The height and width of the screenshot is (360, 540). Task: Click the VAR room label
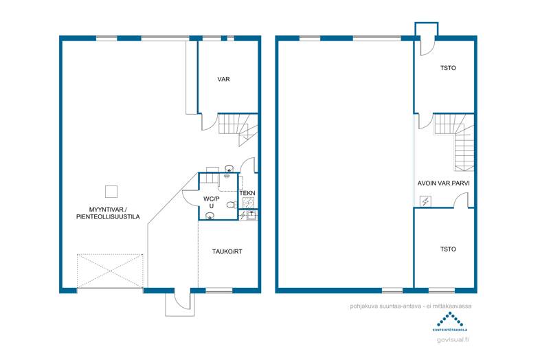(223, 80)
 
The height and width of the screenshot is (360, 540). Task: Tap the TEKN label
(247, 194)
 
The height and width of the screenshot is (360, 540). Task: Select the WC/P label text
(211, 199)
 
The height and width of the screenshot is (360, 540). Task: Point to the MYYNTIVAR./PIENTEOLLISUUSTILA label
(109, 212)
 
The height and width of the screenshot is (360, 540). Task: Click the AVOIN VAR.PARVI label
(443, 184)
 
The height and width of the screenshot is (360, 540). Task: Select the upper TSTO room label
(448, 68)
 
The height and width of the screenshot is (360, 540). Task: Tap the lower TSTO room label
(448, 249)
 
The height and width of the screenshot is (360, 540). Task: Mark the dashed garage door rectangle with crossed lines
(111, 271)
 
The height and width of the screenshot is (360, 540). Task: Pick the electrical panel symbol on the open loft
(425, 201)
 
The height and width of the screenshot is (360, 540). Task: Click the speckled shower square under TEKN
(247, 203)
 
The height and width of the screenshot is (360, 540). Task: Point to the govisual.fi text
(450, 339)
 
